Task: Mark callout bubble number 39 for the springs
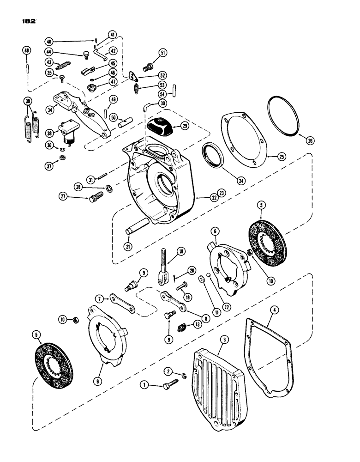pyautogui.click(x=29, y=102)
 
